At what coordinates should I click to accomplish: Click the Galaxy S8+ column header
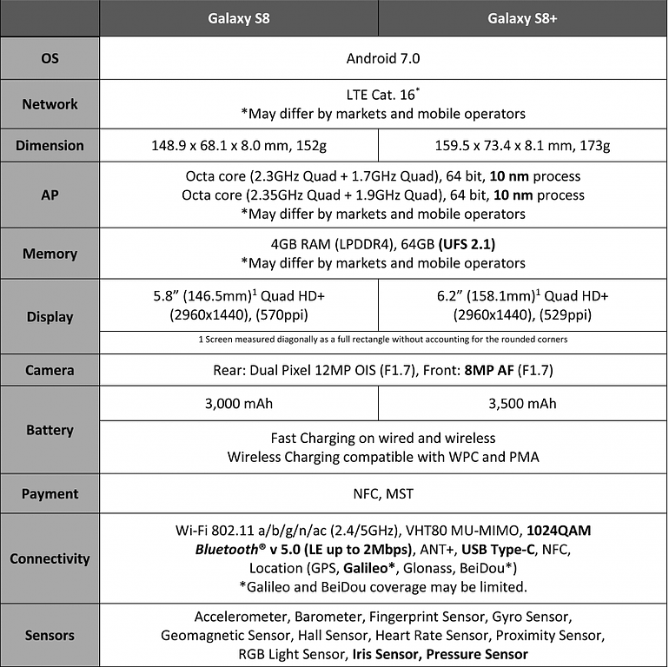point(522,17)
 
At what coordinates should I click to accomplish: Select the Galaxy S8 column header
point(239,17)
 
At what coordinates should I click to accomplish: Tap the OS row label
point(50,59)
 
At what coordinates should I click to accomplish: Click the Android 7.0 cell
point(382,59)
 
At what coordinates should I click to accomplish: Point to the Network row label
point(50,104)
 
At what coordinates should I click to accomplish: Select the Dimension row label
point(50,146)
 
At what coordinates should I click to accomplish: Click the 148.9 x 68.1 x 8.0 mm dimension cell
point(239,146)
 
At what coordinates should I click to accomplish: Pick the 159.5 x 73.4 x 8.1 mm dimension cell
point(522,146)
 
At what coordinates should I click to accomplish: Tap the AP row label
point(50,195)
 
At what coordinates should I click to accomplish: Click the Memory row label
point(50,254)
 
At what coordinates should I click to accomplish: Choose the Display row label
point(50,317)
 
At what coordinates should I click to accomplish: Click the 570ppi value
point(283,314)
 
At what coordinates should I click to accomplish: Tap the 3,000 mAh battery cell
point(239,404)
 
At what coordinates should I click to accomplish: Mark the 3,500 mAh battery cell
point(522,404)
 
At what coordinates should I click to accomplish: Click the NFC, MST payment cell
point(382,494)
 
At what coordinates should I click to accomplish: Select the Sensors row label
point(50,636)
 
